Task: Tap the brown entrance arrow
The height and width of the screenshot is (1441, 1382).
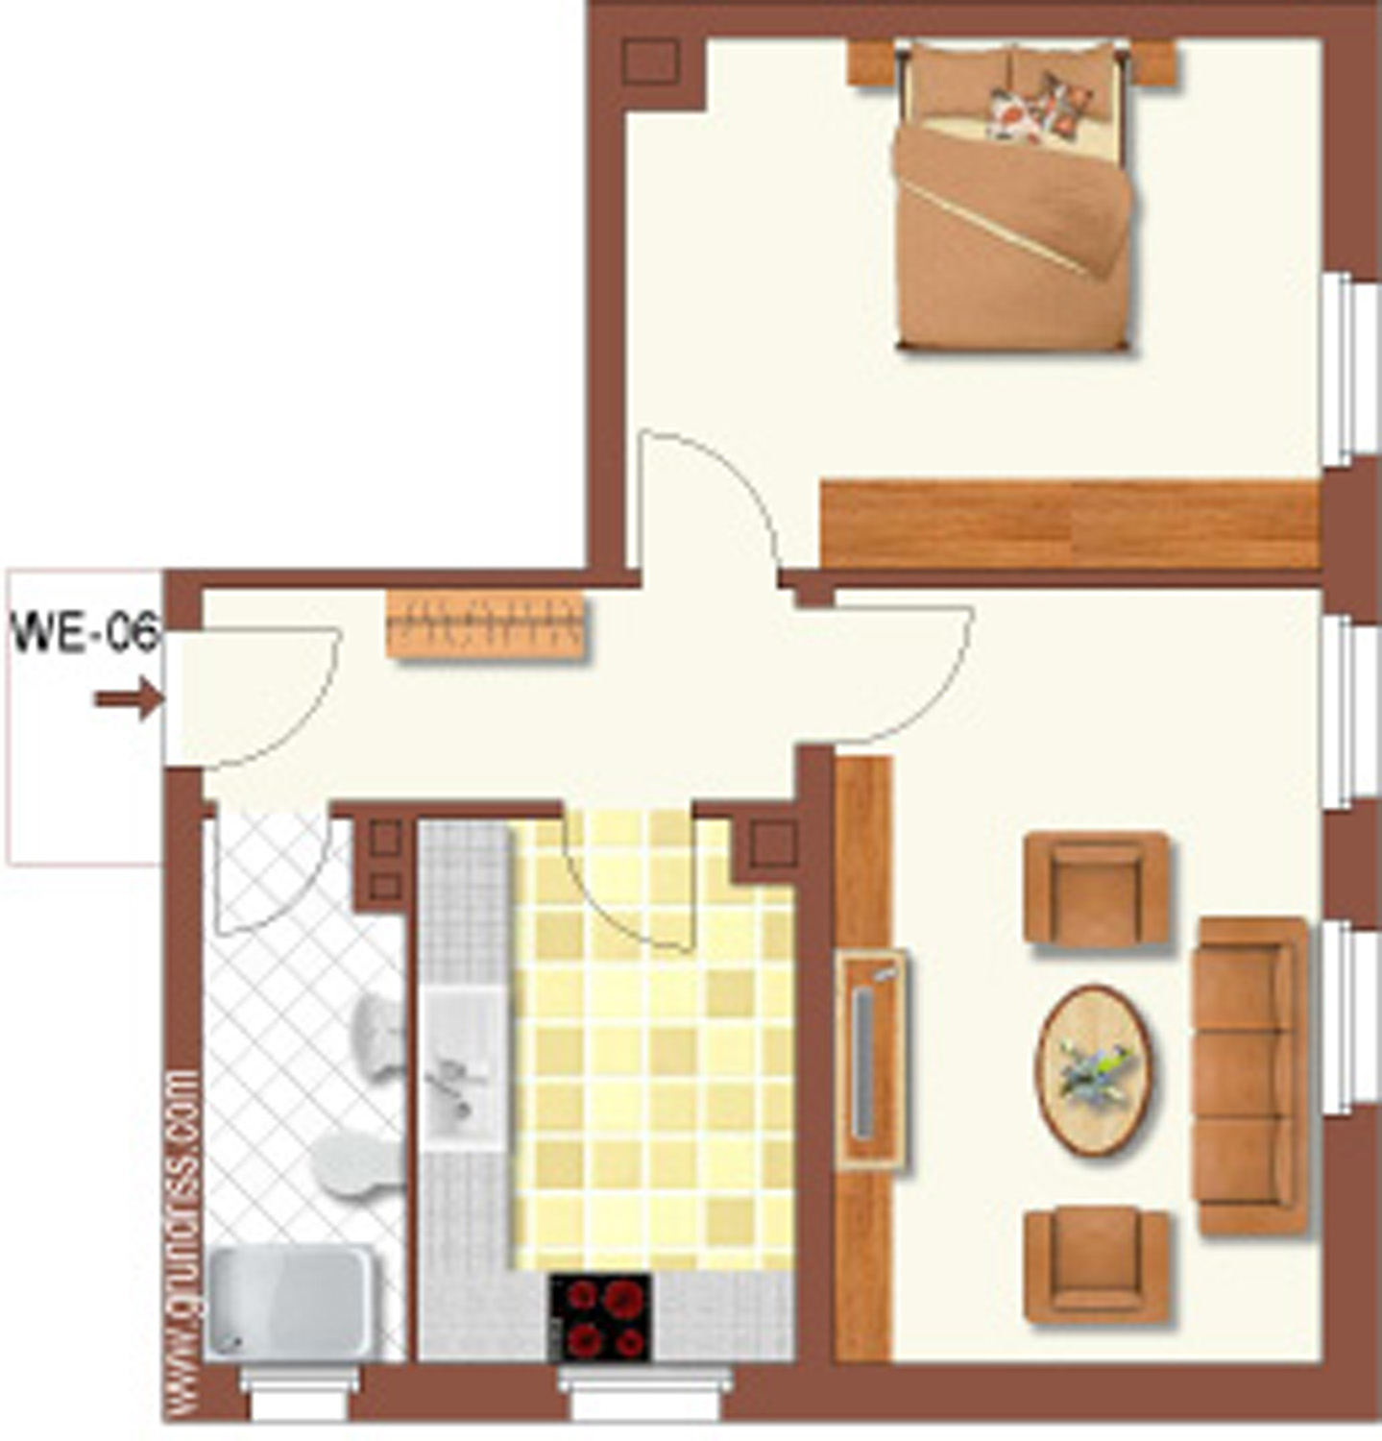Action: (129, 697)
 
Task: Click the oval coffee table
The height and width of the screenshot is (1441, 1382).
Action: (1095, 1069)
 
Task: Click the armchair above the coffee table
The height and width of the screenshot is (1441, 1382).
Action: (1097, 889)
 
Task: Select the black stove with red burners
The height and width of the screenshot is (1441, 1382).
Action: (601, 1316)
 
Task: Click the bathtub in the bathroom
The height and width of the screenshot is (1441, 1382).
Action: (291, 1303)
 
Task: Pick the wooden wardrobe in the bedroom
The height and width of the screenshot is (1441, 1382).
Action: (1071, 525)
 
